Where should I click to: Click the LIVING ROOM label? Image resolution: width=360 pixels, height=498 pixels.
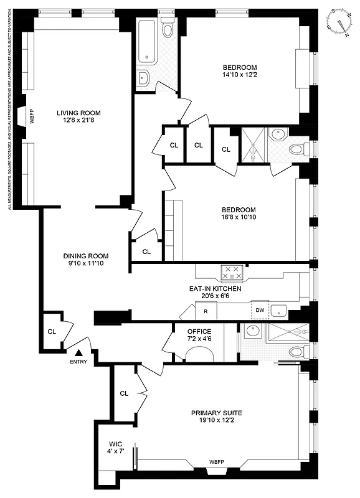[x=78, y=113]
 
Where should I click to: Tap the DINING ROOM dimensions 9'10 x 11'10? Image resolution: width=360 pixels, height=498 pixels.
[x=86, y=264]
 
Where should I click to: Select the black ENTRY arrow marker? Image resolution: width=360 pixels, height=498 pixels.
[x=78, y=354]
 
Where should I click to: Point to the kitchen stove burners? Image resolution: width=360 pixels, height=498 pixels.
[x=232, y=272]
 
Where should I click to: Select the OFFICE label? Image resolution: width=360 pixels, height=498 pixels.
[x=199, y=331]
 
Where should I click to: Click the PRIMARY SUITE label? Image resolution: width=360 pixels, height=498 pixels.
[x=216, y=413]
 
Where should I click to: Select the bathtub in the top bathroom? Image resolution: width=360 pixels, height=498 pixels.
[x=148, y=42]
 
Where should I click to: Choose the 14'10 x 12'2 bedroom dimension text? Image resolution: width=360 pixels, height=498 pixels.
[x=240, y=75]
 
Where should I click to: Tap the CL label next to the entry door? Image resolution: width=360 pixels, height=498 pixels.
[x=52, y=331]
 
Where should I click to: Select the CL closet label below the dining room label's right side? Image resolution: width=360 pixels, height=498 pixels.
[x=146, y=252]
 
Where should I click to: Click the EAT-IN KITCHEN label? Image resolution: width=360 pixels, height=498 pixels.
[x=216, y=289]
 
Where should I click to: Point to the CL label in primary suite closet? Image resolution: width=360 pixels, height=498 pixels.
[x=124, y=393]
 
